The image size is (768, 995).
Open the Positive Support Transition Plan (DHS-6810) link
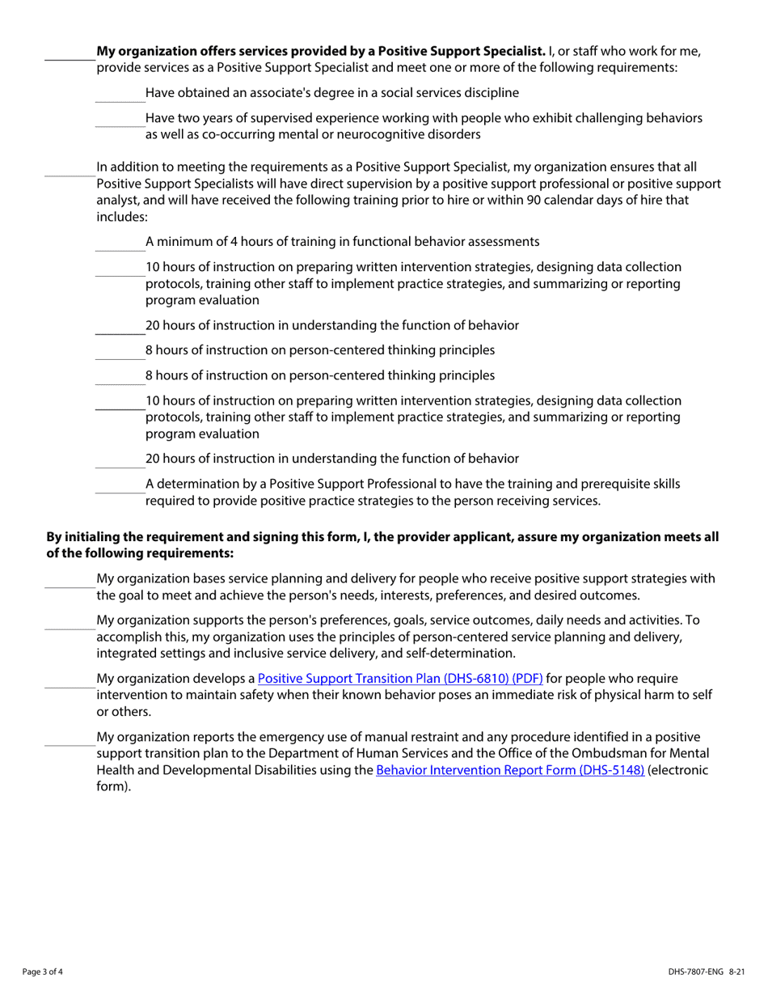pos(399,678)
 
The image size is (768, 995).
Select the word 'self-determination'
pos(461,653)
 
